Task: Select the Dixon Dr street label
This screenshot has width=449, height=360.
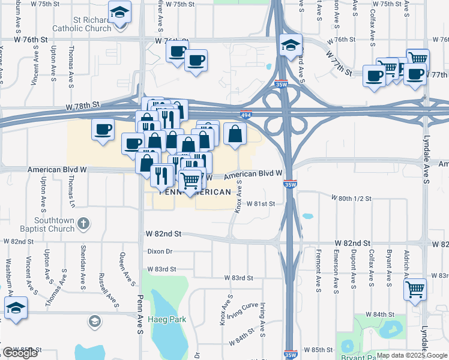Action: point(160,252)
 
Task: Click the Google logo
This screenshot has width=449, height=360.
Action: point(20,353)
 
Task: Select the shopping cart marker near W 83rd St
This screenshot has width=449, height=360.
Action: point(415,289)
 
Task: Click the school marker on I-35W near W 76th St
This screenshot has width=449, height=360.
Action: point(291,45)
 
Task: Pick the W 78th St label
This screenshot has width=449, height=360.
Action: point(83,106)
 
